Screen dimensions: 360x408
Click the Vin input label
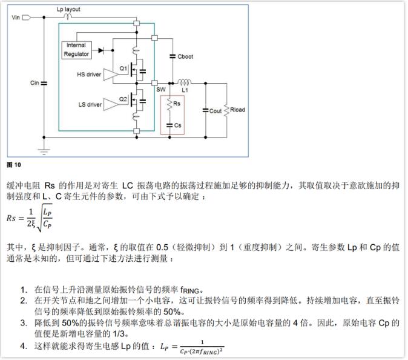click(16, 18)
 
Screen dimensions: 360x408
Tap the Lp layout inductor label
click(68, 10)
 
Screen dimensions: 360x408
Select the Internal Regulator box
click(77, 50)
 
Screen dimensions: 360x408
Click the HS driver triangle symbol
click(110, 75)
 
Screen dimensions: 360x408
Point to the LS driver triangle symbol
click(110, 104)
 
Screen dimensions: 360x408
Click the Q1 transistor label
click(123, 68)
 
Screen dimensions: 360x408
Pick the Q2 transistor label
click(123, 99)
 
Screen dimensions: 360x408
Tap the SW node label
click(160, 89)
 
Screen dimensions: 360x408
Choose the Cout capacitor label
click(216, 111)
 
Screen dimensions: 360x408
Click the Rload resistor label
click(238, 110)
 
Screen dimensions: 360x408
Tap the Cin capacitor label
click(34, 83)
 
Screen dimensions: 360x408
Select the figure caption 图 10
click(13, 164)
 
